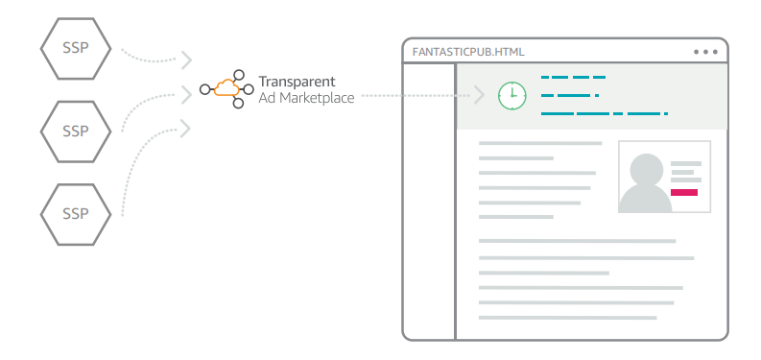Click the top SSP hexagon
(76, 47)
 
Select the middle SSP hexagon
(76, 129)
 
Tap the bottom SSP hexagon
(76, 210)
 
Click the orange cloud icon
(227, 89)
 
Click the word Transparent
(297, 81)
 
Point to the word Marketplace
(317, 98)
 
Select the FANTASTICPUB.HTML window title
(467, 52)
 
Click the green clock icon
(511, 95)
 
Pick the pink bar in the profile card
(683, 193)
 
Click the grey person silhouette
(644, 183)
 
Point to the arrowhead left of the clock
(480, 95)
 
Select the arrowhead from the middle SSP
(186, 94)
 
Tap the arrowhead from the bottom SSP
(186, 127)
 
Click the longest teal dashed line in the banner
(604, 114)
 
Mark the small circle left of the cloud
(203, 91)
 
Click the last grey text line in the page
(566, 318)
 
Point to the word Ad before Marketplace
(268, 98)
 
